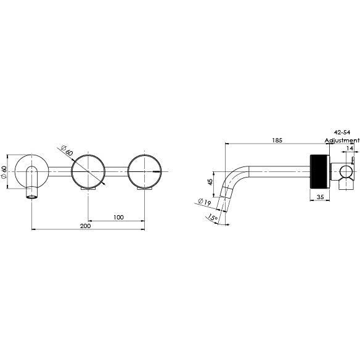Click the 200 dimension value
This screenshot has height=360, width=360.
click(x=86, y=226)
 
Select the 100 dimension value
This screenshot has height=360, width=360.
click(x=119, y=216)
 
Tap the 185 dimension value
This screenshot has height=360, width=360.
click(x=277, y=141)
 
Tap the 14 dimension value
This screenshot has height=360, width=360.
click(x=350, y=149)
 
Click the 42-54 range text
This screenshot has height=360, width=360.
click(x=342, y=133)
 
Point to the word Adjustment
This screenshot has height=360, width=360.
click(x=342, y=140)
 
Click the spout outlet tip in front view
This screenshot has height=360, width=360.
click(x=31, y=195)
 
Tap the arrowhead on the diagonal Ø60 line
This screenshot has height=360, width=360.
click(x=104, y=183)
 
